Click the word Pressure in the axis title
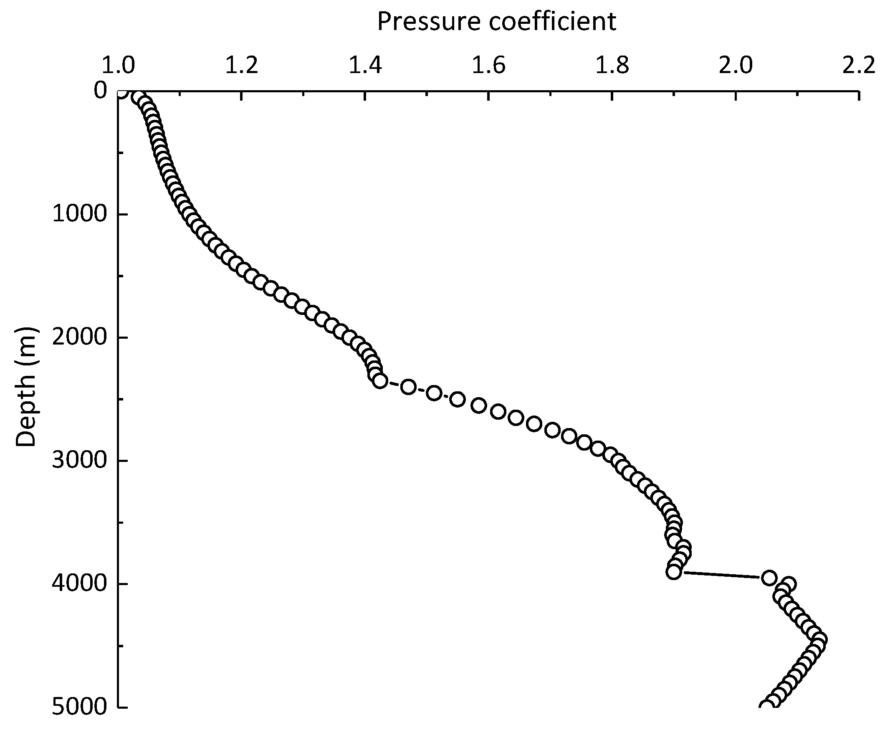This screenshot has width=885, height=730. click(x=428, y=22)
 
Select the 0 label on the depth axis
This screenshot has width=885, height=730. click(x=100, y=91)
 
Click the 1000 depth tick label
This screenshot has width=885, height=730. click(x=79, y=215)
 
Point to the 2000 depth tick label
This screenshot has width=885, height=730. click(x=79, y=337)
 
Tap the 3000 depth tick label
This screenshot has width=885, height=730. click(x=79, y=461)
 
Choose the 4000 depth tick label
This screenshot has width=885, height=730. click(x=79, y=584)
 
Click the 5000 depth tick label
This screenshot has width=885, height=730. click(x=79, y=707)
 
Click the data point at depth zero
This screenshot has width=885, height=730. click(x=121, y=92)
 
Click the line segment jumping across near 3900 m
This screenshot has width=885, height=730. click(x=721, y=574)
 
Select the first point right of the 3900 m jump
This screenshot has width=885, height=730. click(x=769, y=577)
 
